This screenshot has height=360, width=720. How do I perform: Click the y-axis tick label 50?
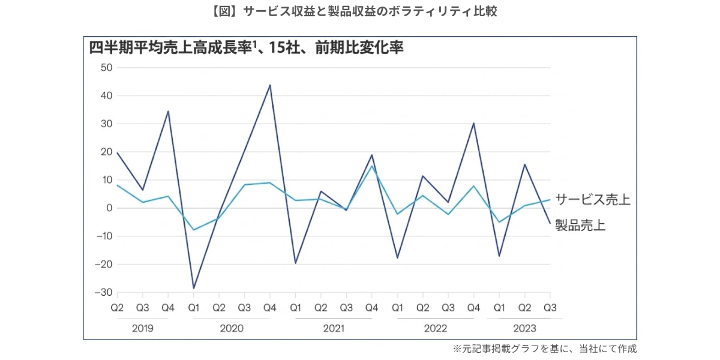tap(106, 67)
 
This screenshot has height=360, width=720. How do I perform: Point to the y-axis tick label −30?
tap(103, 292)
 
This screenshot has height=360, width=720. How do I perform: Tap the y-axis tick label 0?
tap(109, 208)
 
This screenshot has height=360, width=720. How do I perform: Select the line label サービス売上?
tap(593, 199)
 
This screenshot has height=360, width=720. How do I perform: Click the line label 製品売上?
tap(580, 226)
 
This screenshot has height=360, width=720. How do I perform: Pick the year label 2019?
tap(142, 328)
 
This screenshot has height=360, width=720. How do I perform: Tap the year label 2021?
tap(333, 328)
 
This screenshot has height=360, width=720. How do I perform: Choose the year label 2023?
tap(524, 328)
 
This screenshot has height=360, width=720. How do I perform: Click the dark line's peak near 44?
tap(270, 85)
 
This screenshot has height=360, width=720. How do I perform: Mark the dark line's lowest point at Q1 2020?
tap(193, 288)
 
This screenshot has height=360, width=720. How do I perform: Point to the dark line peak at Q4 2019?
tap(168, 111)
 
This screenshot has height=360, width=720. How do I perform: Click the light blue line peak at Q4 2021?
tap(371, 166)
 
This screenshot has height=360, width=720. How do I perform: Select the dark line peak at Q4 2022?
tap(473, 123)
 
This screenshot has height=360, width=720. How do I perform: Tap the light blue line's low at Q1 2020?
tap(193, 230)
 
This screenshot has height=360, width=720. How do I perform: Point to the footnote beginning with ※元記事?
tap(544, 349)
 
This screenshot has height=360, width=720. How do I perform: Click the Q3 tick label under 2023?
tap(550, 308)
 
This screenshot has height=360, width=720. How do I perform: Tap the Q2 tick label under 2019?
tap(117, 308)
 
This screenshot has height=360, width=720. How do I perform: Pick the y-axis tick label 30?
tap(106, 124)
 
